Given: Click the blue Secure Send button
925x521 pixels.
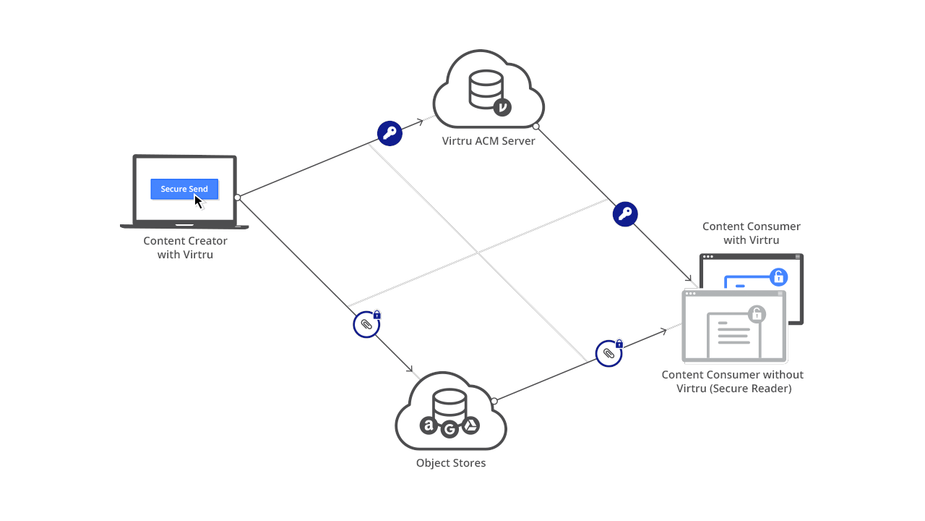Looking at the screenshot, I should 184,189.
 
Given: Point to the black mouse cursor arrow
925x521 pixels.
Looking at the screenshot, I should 199,201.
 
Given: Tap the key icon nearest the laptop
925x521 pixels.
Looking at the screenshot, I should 390,133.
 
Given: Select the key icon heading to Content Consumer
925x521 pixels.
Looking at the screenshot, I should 625,214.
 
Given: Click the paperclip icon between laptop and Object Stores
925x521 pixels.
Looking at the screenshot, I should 366,325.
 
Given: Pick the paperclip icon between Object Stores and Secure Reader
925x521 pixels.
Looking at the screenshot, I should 608,353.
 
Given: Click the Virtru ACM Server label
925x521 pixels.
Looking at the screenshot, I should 489,141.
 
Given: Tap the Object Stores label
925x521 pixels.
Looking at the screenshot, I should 451,463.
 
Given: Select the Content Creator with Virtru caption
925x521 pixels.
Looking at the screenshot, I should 185,247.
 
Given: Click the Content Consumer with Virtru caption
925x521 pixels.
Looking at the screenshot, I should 752,233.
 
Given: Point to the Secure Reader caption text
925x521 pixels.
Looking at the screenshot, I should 733,381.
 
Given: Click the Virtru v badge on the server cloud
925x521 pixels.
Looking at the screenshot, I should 502,107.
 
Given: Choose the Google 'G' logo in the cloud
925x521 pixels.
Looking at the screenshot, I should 450,430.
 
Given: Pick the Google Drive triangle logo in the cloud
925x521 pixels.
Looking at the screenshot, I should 470,425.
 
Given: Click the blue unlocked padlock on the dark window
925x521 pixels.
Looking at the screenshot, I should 778,276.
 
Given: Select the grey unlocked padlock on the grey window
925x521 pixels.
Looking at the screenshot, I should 757,313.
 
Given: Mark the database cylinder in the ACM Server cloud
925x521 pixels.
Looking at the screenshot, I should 486,88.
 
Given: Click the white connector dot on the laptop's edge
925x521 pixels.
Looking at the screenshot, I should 237,197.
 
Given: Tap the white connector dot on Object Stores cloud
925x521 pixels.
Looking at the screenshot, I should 494,401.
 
